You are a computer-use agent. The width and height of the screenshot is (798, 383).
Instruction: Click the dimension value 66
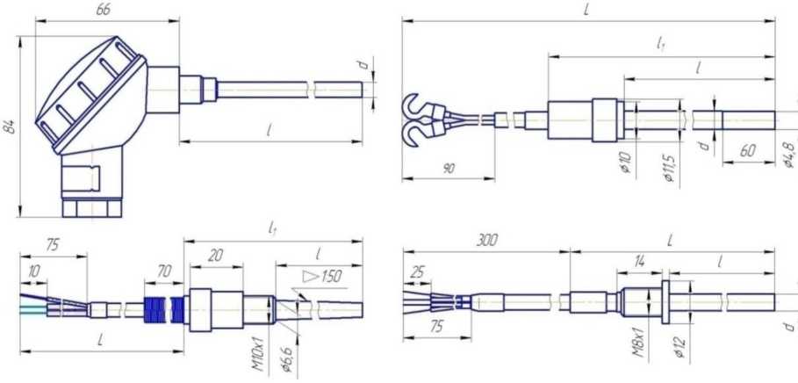(104, 10)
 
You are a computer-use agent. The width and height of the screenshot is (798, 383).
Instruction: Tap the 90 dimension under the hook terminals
(448, 169)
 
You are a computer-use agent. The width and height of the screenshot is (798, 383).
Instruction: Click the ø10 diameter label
(627, 162)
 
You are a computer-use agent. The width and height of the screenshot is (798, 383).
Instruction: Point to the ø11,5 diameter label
(672, 168)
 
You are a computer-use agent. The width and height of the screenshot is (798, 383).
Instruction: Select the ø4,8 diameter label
(789, 155)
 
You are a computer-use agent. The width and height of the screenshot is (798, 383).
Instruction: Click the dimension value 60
(748, 151)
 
